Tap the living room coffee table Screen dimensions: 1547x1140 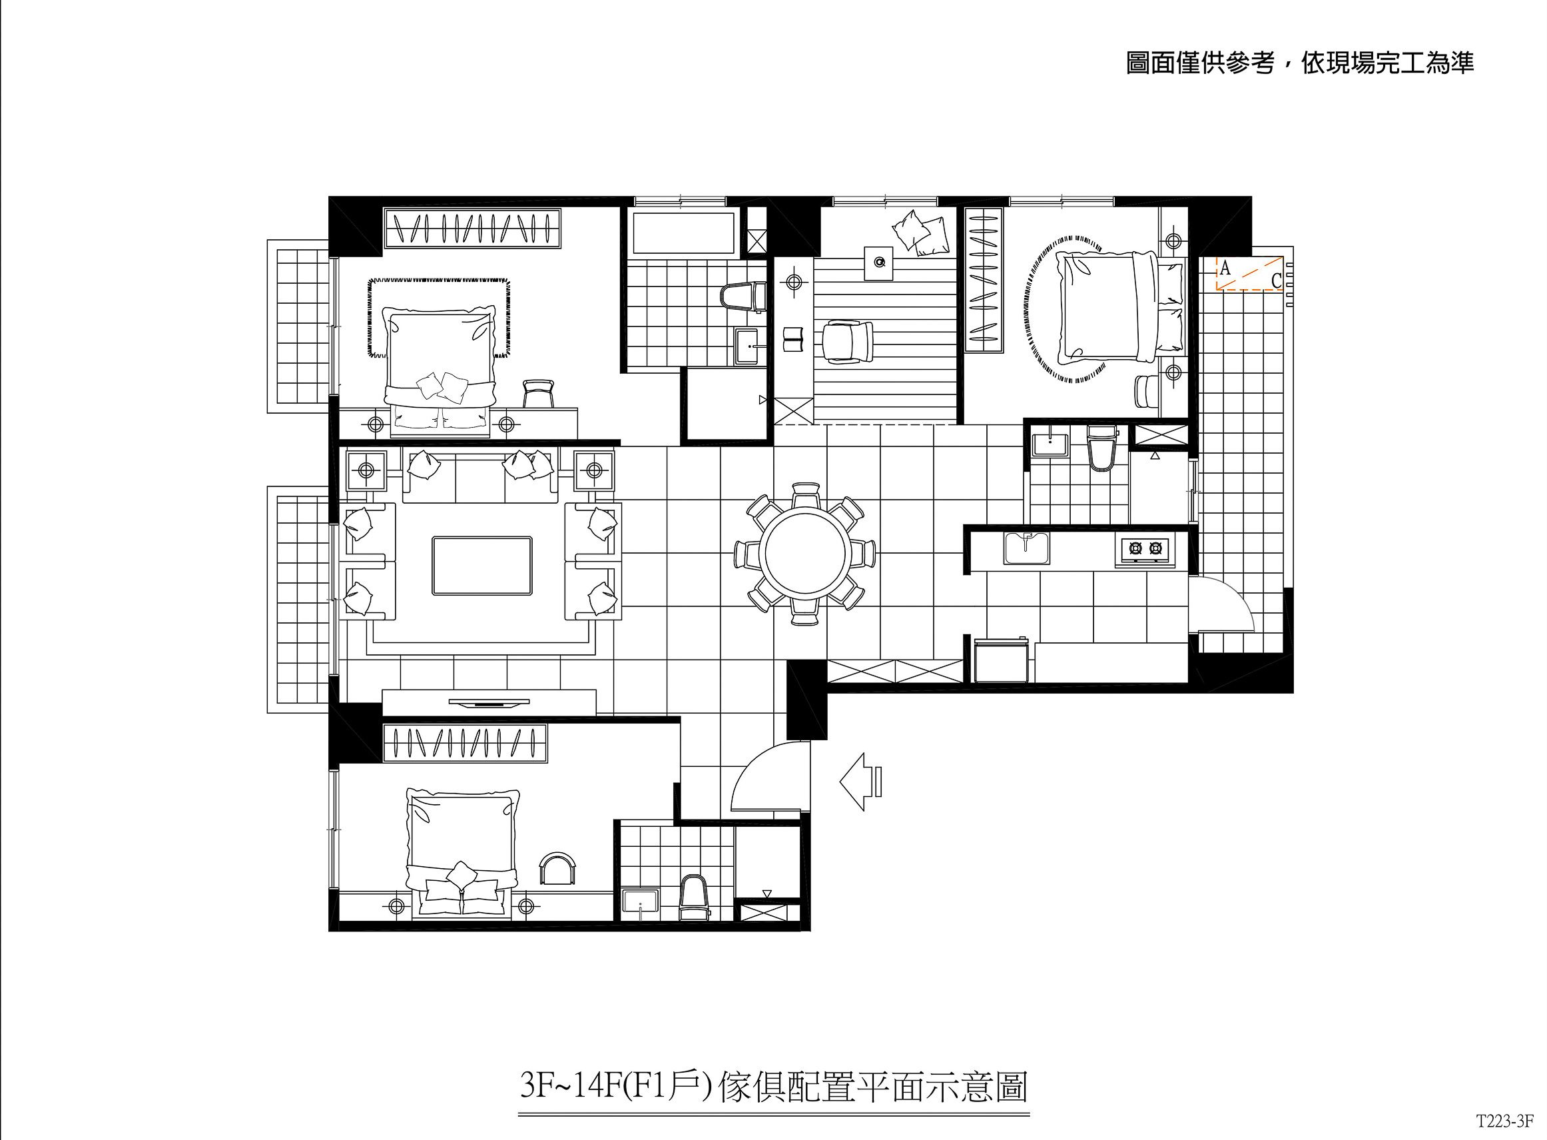(x=482, y=565)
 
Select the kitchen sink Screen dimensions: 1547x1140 (x=1026, y=548)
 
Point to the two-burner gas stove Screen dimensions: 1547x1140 (x=1145, y=549)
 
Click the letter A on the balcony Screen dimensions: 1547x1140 (x=1225, y=268)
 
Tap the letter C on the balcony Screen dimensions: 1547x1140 (x=1276, y=280)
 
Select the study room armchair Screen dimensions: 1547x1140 (x=847, y=341)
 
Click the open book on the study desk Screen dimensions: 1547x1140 (x=794, y=340)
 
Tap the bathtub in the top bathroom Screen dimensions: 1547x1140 (x=683, y=233)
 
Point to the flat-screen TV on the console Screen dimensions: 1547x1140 (x=489, y=702)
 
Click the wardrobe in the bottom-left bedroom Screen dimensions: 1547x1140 (x=465, y=742)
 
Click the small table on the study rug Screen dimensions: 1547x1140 (x=878, y=263)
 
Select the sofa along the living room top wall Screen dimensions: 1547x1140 (x=481, y=476)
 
